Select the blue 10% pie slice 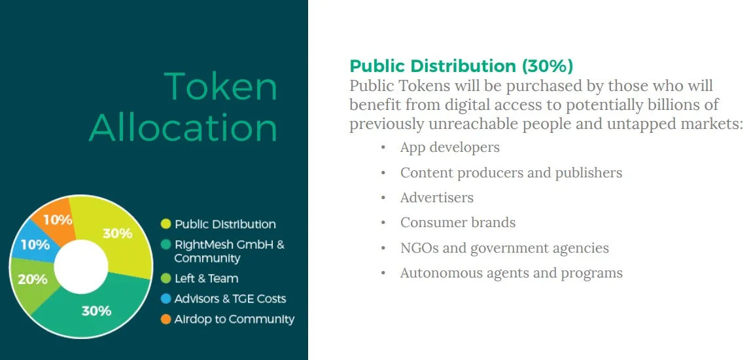pyautogui.click(x=35, y=243)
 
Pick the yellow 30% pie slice pyautogui.click(x=117, y=234)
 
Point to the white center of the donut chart pyautogui.click(x=81, y=266)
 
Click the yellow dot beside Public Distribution pyautogui.click(x=166, y=224)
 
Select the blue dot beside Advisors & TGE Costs pyautogui.click(x=166, y=298)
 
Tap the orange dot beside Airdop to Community pyautogui.click(x=166, y=319)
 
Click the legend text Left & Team pyautogui.click(x=207, y=278)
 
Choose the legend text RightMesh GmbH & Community pyautogui.click(x=230, y=251)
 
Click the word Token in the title pyautogui.click(x=221, y=87)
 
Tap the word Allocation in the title pyautogui.click(x=183, y=128)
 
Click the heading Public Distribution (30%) pyautogui.click(x=461, y=65)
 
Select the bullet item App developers pyautogui.click(x=449, y=147)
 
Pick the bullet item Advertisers pyautogui.click(x=437, y=198)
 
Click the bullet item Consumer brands pyautogui.click(x=458, y=223)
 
